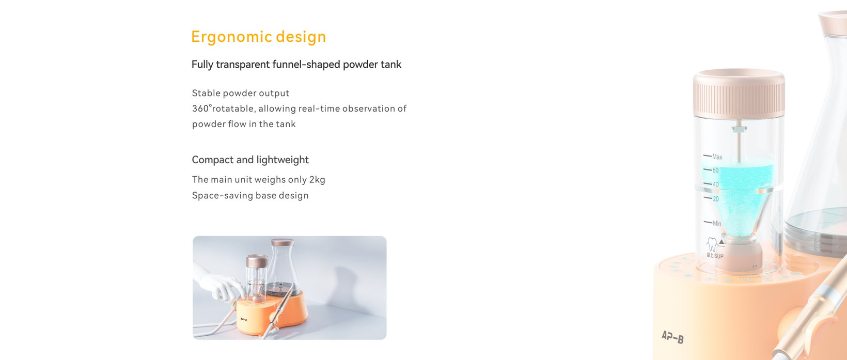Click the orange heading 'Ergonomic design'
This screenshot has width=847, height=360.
pyautogui.click(x=259, y=37)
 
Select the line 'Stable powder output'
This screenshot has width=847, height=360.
pyautogui.click(x=241, y=93)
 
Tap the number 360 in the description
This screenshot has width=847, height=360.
pyautogui.click(x=200, y=108)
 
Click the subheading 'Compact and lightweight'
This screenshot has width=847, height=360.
pyautogui.click(x=250, y=160)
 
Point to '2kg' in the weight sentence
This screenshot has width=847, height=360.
pyautogui.click(x=317, y=180)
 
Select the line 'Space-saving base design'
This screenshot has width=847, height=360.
pyautogui.click(x=250, y=196)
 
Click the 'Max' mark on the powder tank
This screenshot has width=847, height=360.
pyautogui.click(x=717, y=156)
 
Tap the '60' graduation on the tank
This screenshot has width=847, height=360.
pyautogui.click(x=715, y=170)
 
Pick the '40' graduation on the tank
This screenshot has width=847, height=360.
pyautogui.click(x=715, y=184)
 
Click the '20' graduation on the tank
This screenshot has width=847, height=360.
pyautogui.click(x=716, y=199)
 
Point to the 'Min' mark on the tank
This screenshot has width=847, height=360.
pyautogui.click(x=717, y=223)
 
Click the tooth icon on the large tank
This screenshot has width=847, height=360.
pyautogui.click(x=712, y=244)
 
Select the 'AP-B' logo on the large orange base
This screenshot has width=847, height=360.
pyautogui.click(x=672, y=337)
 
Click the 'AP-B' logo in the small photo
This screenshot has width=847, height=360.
pyautogui.click(x=244, y=320)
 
